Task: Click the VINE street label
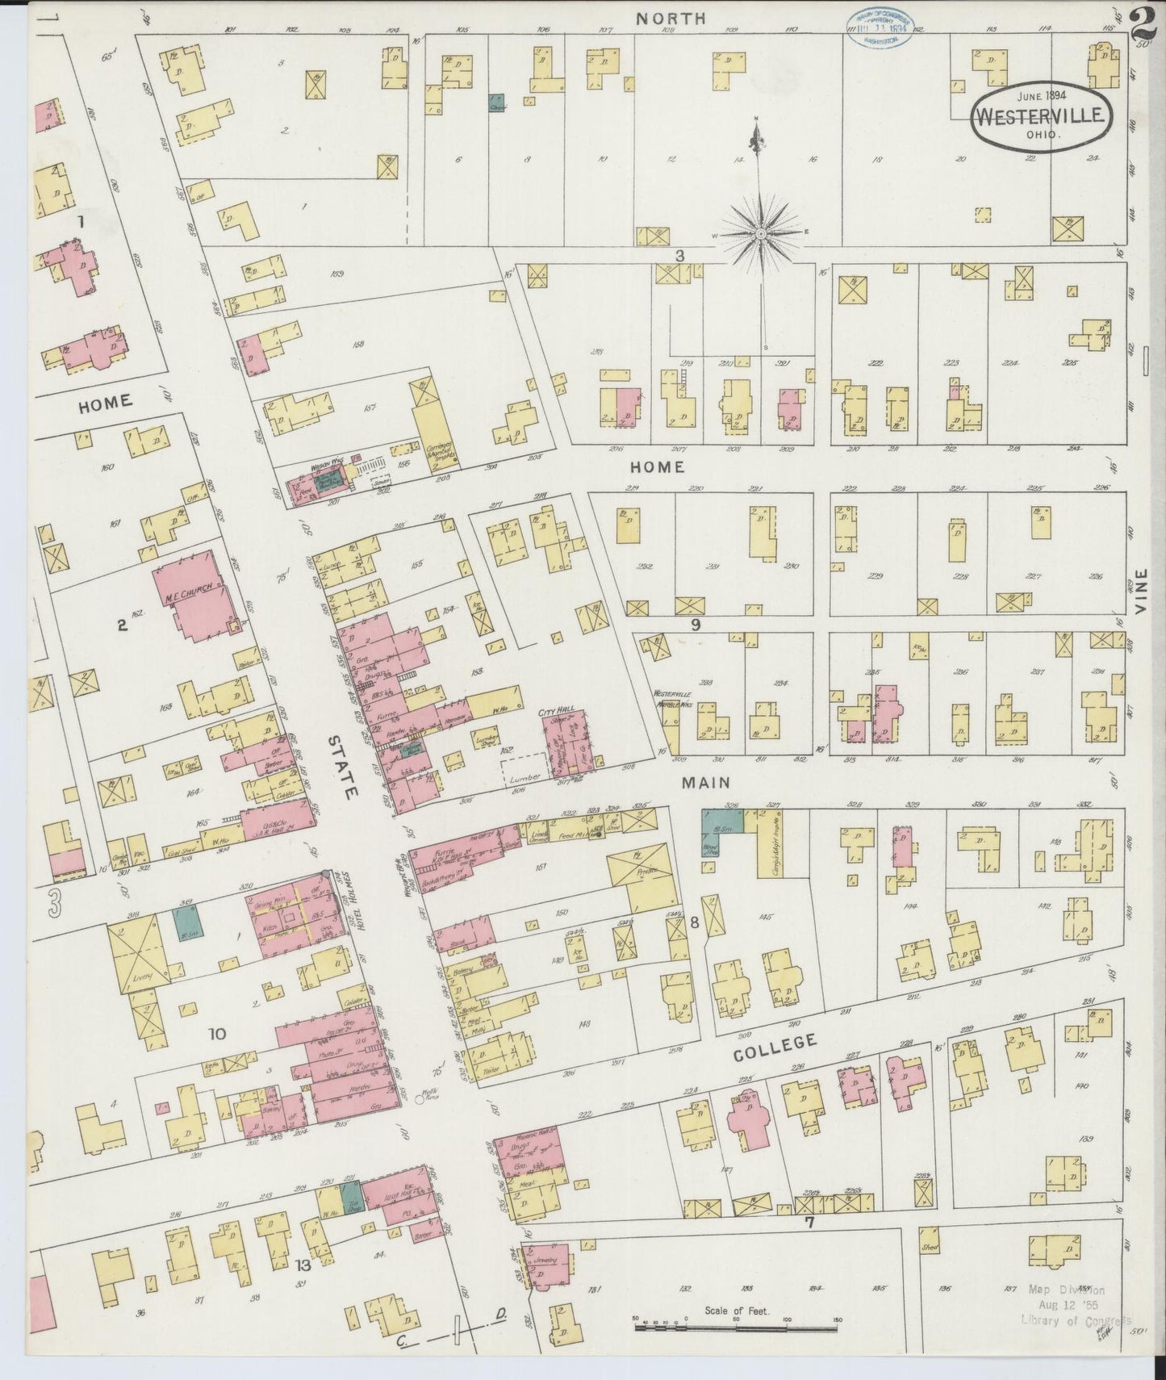pos(1141,592)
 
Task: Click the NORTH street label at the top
pos(670,17)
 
